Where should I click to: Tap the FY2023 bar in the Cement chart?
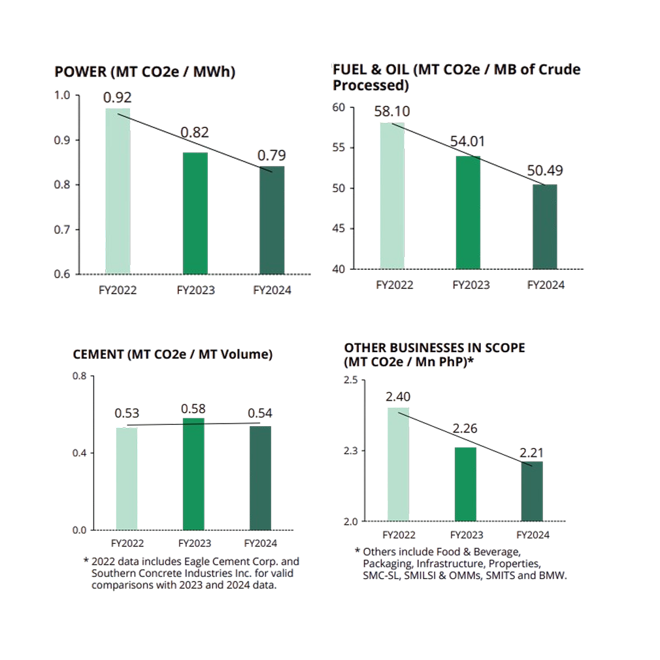pyautogui.click(x=193, y=474)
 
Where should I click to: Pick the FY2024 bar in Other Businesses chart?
pyautogui.click(x=532, y=491)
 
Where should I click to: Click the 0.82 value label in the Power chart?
pyautogui.click(x=195, y=133)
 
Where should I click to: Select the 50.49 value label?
pyautogui.click(x=544, y=171)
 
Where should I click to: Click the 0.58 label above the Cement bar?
pyautogui.click(x=193, y=408)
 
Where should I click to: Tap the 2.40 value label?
pyautogui.click(x=398, y=397)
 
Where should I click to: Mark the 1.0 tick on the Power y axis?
pyautogui.click(x=62, y=95)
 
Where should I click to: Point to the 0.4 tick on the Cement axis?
pyautogui.click(x=79, y=453)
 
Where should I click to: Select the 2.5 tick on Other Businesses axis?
pyautogui.click(x=350, y=380)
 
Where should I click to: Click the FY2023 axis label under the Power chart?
pyautogui.click(x=195, y=290)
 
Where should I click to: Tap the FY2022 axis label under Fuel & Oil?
pyautogui.click(x=394, y=285)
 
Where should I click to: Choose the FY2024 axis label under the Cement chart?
pyautogui.click(x=260, y=543)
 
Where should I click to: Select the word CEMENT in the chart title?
pyautogui.click(x=98, y=355)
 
